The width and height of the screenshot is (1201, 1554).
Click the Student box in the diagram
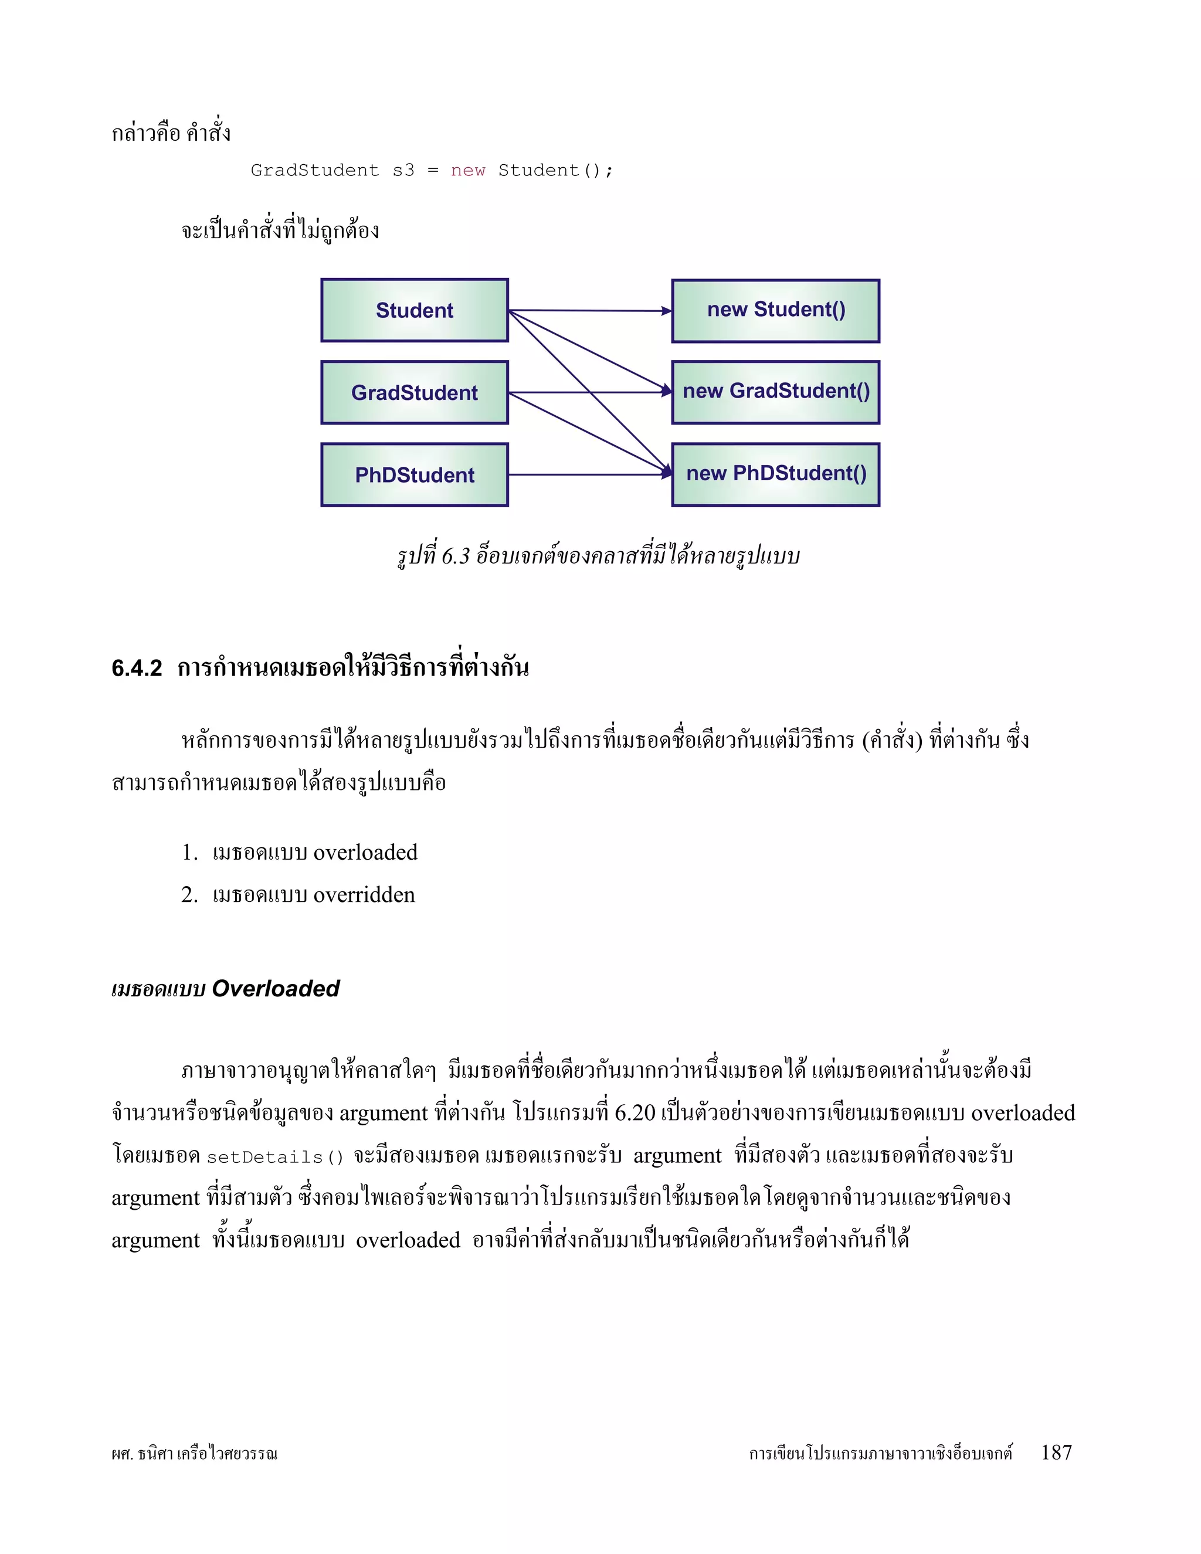[x=414, y=310]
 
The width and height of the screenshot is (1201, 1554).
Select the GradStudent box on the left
[x=414, y=392]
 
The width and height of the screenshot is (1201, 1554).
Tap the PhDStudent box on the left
[x=414, y=474]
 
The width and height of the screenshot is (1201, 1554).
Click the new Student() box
[x=775, y=310]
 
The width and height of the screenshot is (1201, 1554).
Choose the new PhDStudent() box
[x=775, y=474]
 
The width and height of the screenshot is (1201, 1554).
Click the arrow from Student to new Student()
[x=591, y=310]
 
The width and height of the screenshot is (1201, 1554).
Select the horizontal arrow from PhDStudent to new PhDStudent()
[x=591, y=474]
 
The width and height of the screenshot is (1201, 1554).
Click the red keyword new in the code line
[x=467, y=171]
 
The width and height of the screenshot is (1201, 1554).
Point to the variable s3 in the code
[x=403, y=171]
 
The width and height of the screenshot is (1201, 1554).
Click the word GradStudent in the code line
[x=314, y=171]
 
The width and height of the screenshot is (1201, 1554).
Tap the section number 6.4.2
[x=137, y=668]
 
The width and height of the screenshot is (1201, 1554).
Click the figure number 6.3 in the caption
[x=455, y=556]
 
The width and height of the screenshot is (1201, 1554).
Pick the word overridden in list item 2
[x=364, y=894]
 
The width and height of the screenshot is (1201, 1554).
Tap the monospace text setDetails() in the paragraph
[x=274, y=1157]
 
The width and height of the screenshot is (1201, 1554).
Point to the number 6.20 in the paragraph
[x=635, y=1113]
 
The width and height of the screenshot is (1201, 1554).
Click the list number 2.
[x=189, y=894]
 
